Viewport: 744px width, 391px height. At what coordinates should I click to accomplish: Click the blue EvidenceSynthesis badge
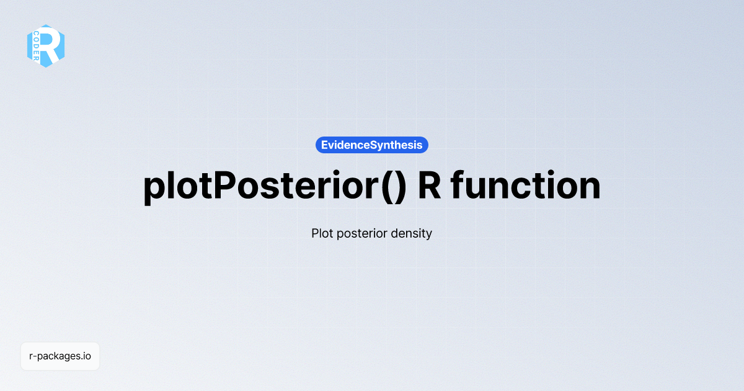pyautogui.click(x=372, y=145)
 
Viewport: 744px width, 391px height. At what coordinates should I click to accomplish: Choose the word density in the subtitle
pyautogui.click(x=411, y=235)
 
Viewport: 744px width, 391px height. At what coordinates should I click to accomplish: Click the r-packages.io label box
pyautogui.click(x=60, y=356)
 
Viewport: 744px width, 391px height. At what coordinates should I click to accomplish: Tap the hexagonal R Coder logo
pyautogui.click(x=46, y=46)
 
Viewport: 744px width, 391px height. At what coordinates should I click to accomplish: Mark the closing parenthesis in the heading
pyautogui.click(x=400, y=186)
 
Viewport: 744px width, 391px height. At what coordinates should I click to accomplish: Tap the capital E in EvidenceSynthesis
pyautogui.click(x=325, y=145)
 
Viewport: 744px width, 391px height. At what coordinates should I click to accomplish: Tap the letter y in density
pyautogui.click(x=428, y=236)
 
